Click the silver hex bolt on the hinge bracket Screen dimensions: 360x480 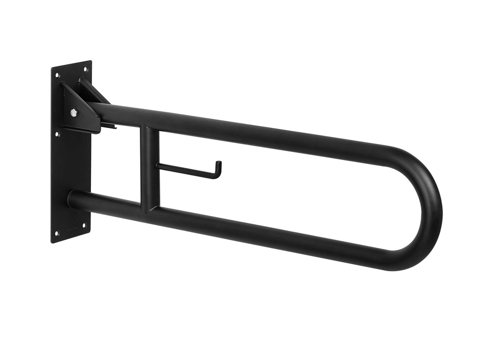[x=74, y=112]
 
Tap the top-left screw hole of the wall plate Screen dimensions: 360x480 [x=58, y=75]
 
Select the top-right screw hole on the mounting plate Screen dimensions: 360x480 [x=85, y=68]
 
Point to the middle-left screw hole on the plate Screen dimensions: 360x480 [x=57, y=134]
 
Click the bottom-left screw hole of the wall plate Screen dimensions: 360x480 [x=57, y=233]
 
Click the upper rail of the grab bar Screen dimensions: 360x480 [x=257, y=133]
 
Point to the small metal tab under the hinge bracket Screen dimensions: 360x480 [x=108, y=125]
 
